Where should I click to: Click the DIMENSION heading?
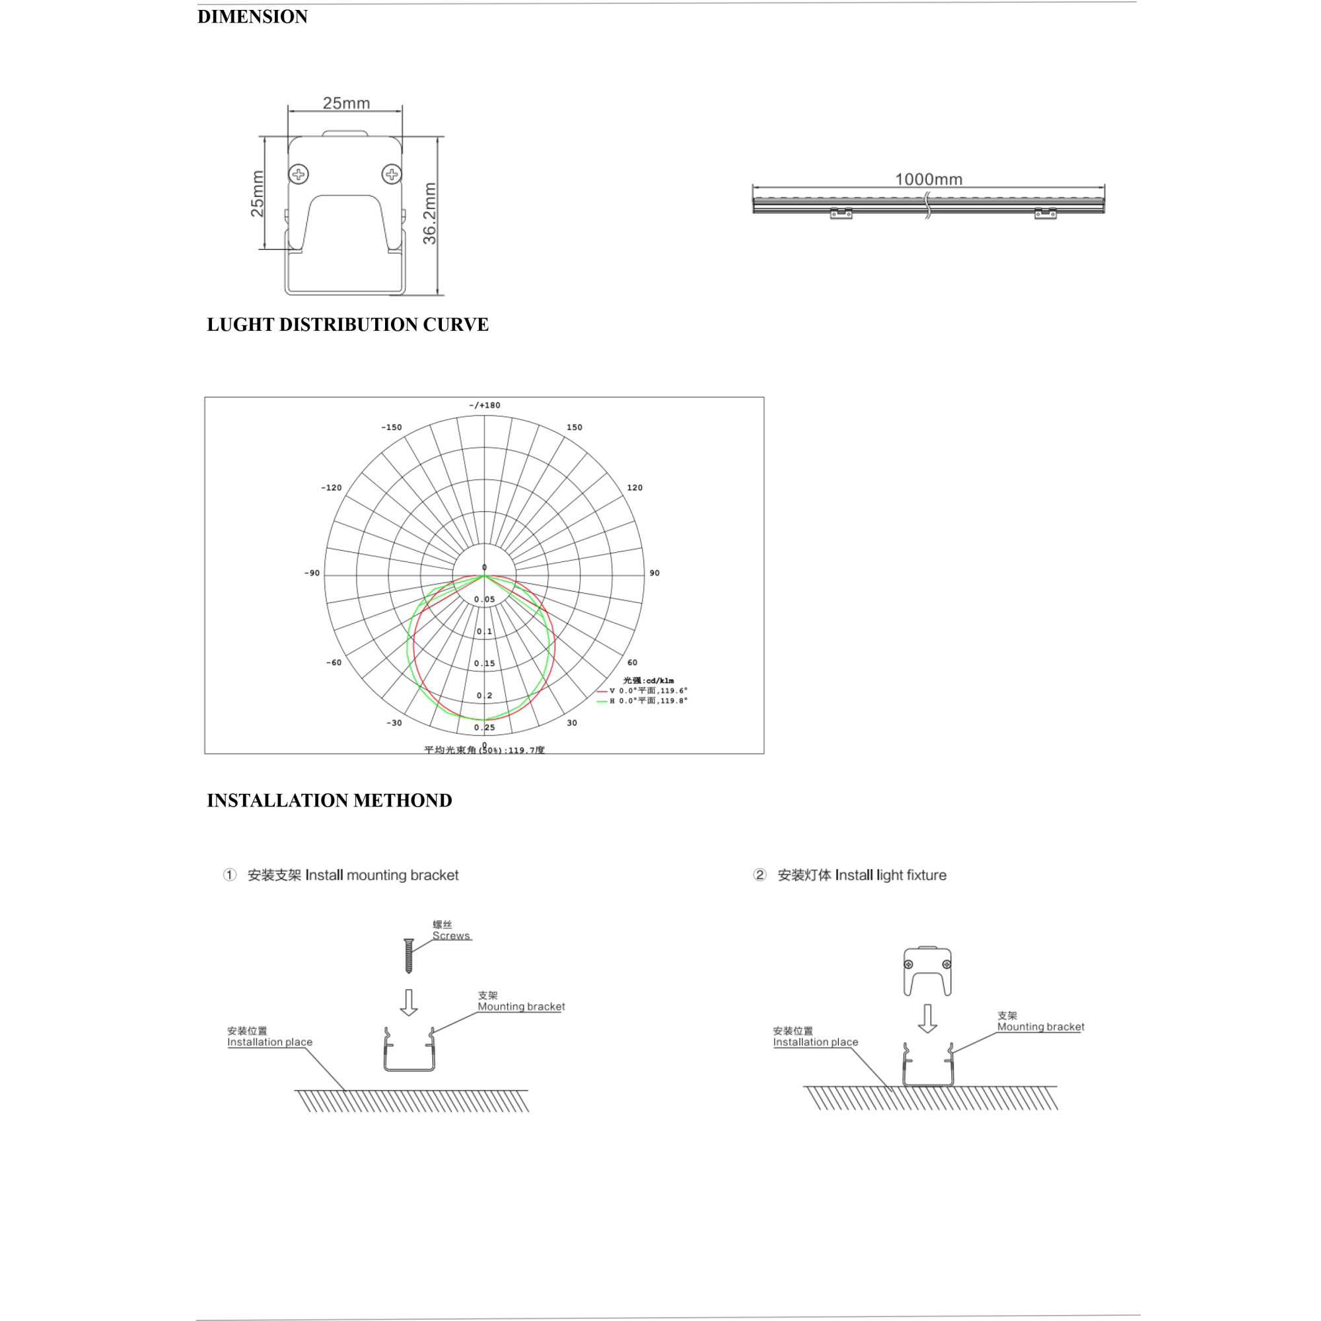252,17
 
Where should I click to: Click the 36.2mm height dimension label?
429,213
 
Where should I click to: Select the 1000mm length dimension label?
929,179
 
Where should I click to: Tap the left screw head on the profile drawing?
299,174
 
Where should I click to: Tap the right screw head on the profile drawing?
392,174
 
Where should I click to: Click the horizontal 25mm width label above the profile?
346,103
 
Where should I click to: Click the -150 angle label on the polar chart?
391,427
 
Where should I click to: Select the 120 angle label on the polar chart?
635,487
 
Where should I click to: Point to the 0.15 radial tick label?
484,663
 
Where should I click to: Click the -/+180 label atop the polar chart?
484,406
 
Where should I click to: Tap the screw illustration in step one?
409,956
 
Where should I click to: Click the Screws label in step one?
450,936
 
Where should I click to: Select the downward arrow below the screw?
409,1003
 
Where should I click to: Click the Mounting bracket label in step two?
1040,1027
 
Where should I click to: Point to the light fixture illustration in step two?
927,972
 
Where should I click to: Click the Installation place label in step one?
269,1042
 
